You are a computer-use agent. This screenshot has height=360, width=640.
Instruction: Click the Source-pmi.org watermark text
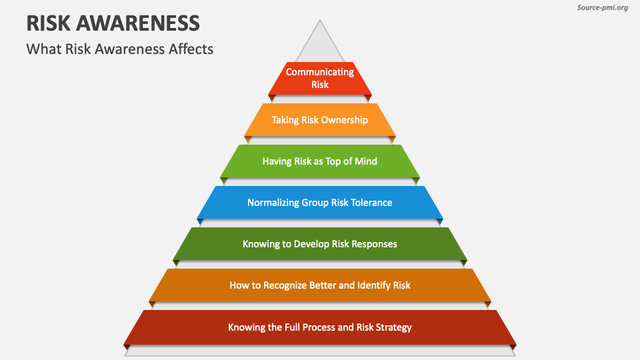coord(601,8)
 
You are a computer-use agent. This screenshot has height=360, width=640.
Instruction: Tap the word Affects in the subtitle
coord(191,49)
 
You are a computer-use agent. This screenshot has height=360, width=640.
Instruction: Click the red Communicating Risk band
coord(320,78)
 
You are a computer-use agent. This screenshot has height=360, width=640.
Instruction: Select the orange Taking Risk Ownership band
coord(320,120)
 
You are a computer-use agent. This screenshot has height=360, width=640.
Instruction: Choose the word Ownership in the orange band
coord(344,120)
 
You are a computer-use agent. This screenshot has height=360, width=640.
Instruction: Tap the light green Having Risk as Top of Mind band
coord(320,161)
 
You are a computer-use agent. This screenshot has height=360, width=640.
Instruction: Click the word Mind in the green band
coord(365,161)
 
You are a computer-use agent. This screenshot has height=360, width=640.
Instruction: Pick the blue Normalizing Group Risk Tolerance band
coord(320,203)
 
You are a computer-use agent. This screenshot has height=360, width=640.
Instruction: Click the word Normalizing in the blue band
coord(272,203)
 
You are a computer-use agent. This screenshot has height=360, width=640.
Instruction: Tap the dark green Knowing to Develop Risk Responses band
coord(320,244)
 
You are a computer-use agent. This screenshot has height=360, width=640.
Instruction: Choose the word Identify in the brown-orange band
coord(373,285)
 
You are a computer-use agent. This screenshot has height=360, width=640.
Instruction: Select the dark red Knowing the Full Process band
coord(320,327)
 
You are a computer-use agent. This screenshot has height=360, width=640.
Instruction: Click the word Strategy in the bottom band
coord(392,327)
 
